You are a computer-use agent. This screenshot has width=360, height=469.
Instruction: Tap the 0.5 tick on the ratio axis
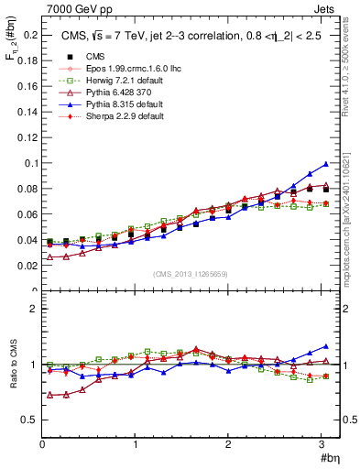point(31,420)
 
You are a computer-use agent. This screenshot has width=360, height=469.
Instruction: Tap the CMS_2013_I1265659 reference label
point(191,273)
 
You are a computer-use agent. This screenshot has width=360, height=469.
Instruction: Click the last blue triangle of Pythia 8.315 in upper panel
point(325,164)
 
